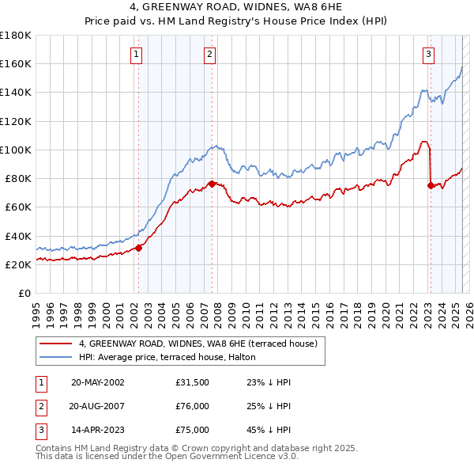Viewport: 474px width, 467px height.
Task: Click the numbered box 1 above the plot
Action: pos(137,55)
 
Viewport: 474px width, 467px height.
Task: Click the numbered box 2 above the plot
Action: pos(209,55)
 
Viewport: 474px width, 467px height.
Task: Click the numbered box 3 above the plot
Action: pos(428,55)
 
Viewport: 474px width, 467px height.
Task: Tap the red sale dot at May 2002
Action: pos(138,248)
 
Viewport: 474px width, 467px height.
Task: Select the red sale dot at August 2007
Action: pos(212,184)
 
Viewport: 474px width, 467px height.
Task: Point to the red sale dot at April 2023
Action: pos(431,186)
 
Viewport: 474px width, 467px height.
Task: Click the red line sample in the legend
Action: pos(56,344)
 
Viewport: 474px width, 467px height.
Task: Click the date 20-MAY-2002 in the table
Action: pos(98,382)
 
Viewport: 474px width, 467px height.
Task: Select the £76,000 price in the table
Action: pos(193,406)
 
